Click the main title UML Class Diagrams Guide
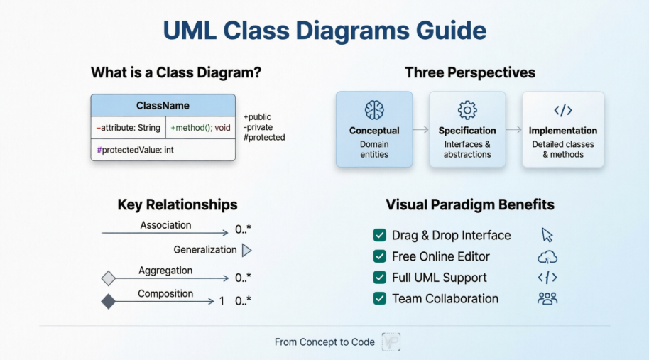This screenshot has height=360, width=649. pos(324,31)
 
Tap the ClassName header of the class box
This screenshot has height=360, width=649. pos(163,106)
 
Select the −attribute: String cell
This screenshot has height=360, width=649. pos(128,128)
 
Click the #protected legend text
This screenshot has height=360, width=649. pos(264,137)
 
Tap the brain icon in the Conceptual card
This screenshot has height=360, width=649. pos(374,110)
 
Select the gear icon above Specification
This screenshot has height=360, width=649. pos(467,110)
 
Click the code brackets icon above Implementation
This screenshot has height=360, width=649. pos(563,110)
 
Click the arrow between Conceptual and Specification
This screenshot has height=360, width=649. pos(420,130)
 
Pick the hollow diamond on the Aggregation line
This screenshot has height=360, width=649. pos(108,278)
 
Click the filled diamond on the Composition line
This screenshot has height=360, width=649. pos(108,301)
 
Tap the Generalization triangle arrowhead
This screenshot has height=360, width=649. pos(246,250)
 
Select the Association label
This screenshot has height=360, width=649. pos(165,225)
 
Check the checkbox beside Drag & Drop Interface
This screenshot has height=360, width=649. pos(379,236)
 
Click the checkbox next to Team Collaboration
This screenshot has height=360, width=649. pos(379,299)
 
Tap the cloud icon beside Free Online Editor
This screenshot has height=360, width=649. pos(547,257)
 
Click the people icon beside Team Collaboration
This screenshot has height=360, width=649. pos(547,299)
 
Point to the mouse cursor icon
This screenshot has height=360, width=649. pos(547,235)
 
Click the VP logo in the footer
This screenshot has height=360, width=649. pos(391,342)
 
